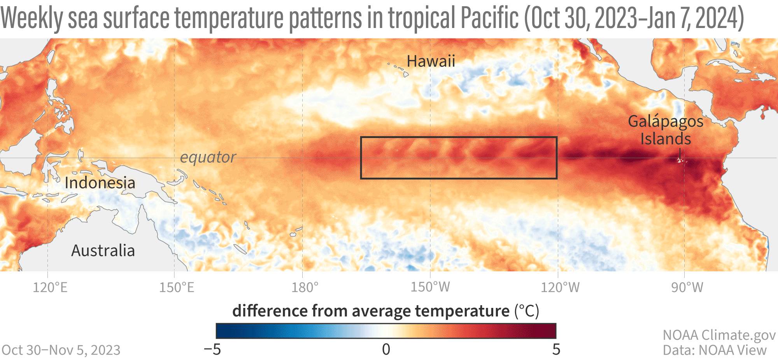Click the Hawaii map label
[x=431, y=61]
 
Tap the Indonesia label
[x=100, y=183]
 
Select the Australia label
[x=103, y=251]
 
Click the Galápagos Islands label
[x=666, y=130]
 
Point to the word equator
[x=208, y=157]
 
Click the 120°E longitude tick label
[x=50, y=288]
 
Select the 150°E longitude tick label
[x=177, y=288]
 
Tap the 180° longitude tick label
[x=305, y=288]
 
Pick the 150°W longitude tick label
[x=430, y=287]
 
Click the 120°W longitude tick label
[x=560, y=288]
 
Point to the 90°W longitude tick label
[x=687, y=288]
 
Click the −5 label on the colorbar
[x=212, y=350]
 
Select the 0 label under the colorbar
[x=386, y=350]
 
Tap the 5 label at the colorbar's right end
[x=556, y=350]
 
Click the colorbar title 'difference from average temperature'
[x=371, y=311]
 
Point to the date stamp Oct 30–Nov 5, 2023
[x=61, y=350]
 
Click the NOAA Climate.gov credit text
[x=719, y=335]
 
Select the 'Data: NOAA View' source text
[x=715, y=350]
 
